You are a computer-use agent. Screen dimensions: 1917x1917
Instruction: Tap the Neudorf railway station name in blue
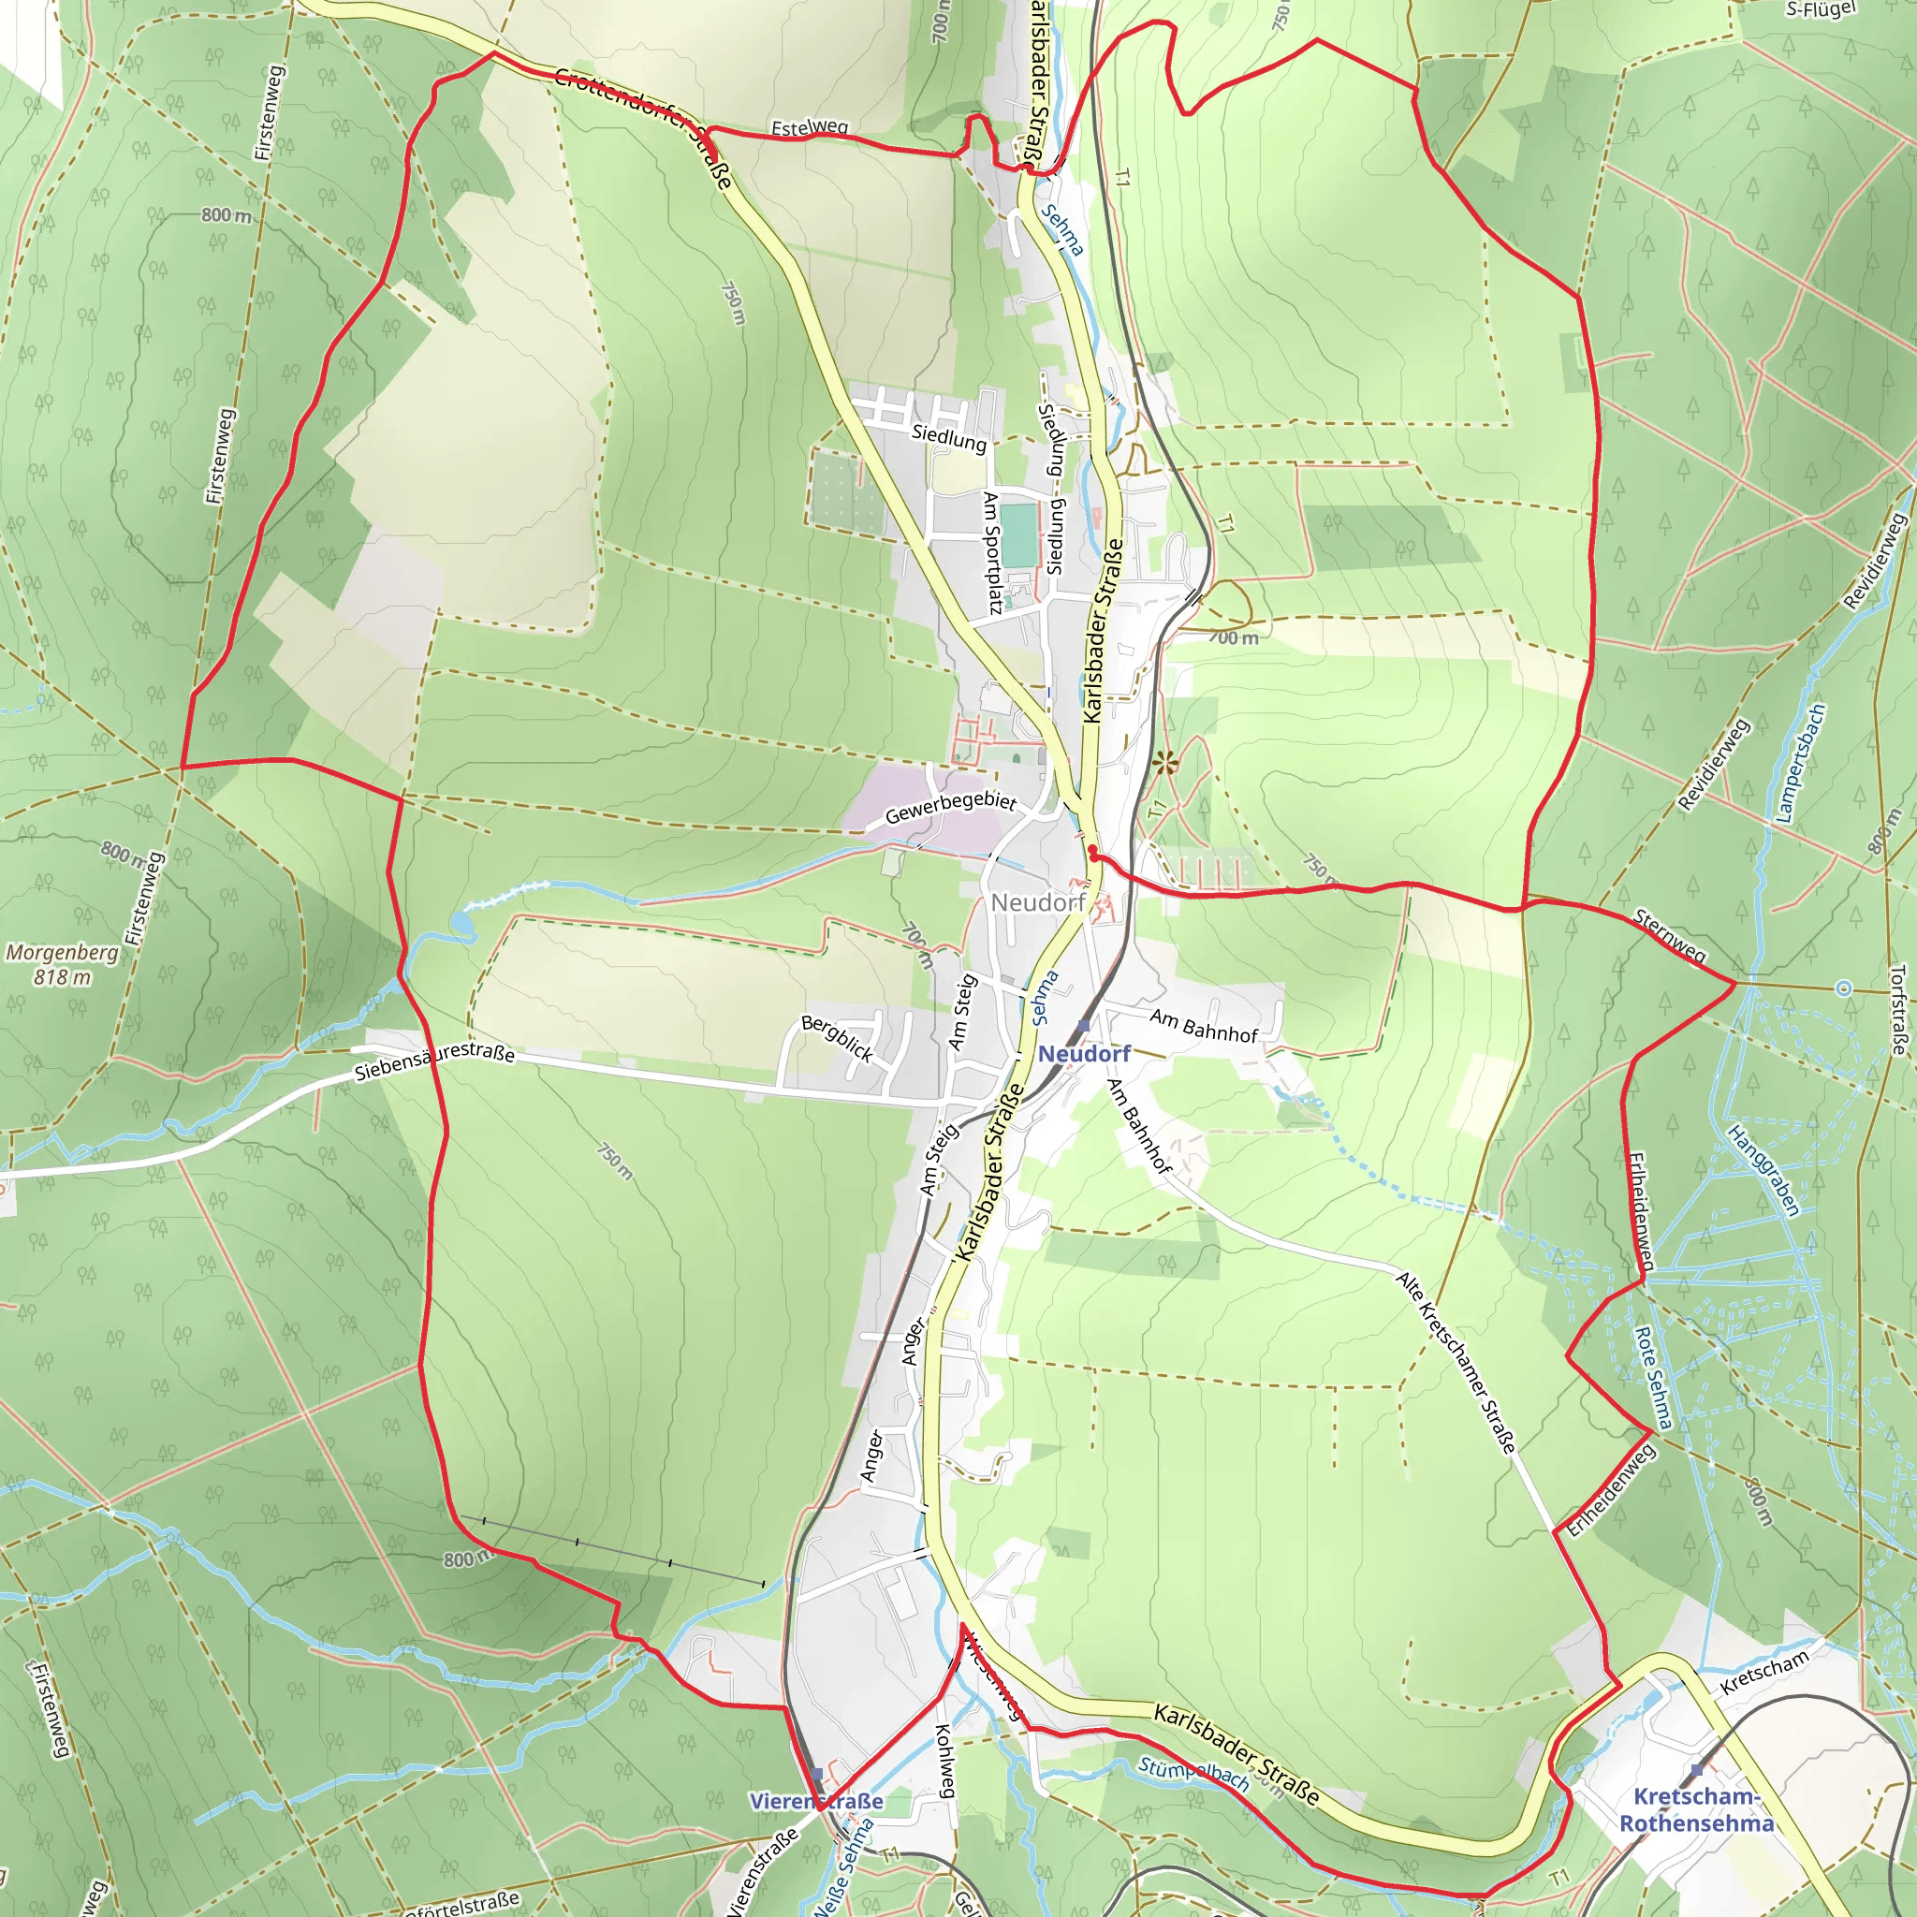(1084, 1054)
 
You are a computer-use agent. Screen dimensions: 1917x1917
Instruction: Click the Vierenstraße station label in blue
(815, 1801)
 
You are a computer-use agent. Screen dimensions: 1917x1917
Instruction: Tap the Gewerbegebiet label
(951, 808)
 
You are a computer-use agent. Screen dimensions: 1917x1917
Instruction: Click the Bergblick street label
(838, 1038)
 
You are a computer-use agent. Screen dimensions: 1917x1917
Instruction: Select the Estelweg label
(810, 128)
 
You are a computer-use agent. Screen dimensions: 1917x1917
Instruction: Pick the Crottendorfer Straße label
(643, 125)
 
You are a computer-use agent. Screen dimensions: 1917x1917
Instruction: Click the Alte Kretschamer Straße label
(1456, 1362)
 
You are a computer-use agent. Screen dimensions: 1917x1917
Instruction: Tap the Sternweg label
(1670, 936)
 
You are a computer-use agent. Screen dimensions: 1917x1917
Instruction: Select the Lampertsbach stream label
(1799, 764)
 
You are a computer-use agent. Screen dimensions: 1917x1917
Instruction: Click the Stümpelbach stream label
(1193, 1774)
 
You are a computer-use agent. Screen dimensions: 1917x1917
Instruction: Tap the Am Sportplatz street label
(990, 551)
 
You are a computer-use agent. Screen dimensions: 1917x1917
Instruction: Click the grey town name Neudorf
(1037, 903)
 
